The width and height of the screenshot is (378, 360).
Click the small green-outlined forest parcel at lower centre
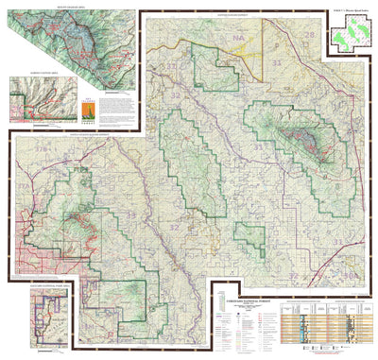click(x=250, y=238)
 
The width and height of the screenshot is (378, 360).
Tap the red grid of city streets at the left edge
click(x=21, y=256)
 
